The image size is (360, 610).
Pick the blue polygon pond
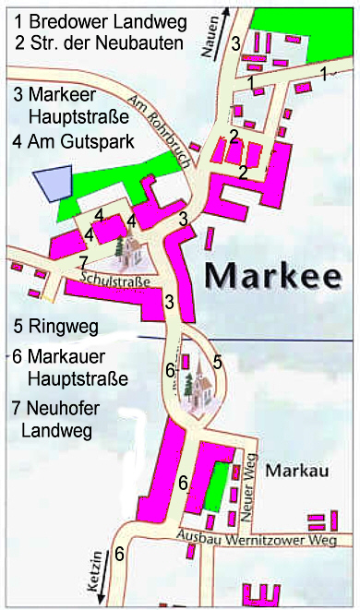click(x=52, y=184)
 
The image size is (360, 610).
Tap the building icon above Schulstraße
click(x=125, y=248)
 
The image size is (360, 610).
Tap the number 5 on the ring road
click(x=218, y=363)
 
